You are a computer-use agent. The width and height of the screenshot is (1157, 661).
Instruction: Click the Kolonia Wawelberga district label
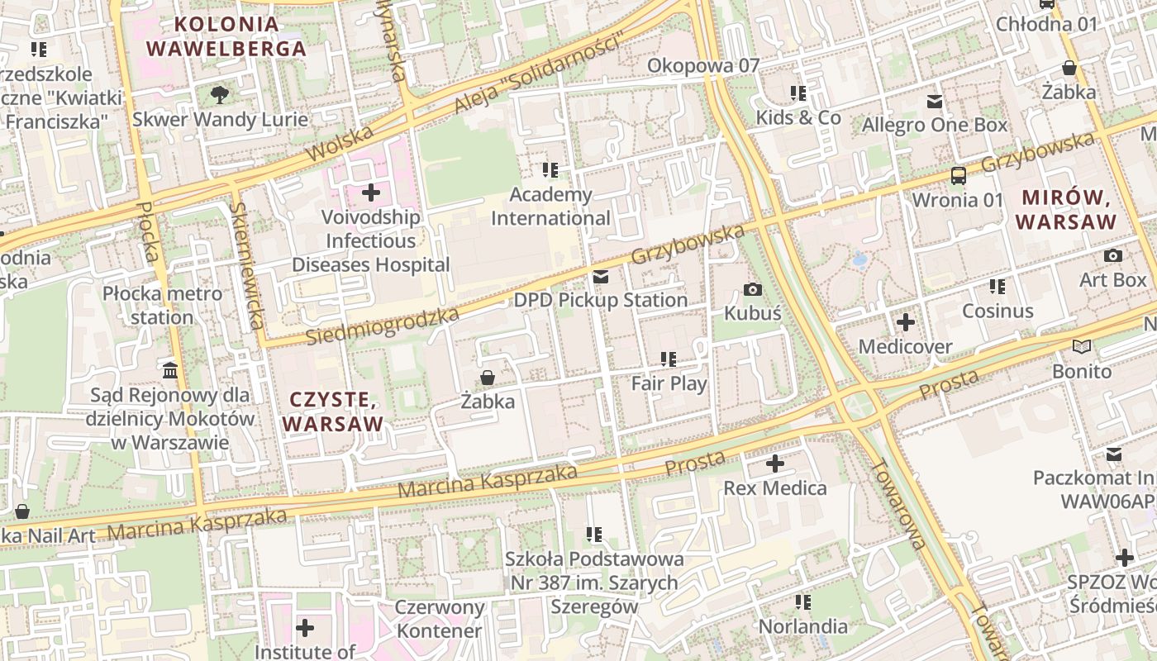pos(226,36)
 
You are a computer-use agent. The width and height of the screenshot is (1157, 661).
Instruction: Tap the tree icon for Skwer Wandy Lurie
pos(220,95)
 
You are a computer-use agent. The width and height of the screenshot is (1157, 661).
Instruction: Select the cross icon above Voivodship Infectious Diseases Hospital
pos(371,193)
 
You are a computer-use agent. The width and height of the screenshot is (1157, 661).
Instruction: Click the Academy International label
pos(550,207)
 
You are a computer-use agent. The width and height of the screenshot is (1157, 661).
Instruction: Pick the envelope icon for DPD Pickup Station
pos(601,276)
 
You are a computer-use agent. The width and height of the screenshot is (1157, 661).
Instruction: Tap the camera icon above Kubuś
pos(752,289)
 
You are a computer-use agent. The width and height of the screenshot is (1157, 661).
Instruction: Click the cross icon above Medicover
pos(906,321)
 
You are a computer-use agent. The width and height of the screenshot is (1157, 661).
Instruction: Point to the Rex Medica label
pos(774,488)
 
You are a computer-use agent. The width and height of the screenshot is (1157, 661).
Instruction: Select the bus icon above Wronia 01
pos(958,175)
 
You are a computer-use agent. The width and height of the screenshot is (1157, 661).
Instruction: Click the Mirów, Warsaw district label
pos(1066,210)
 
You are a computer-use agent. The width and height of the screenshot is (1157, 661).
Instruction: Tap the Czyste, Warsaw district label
pos(333,411)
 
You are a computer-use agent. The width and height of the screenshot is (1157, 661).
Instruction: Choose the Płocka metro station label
pos(162,305)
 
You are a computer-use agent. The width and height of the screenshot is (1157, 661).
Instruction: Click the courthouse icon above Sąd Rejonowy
pos(170,370)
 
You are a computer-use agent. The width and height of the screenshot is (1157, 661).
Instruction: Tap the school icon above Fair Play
pos(669,359)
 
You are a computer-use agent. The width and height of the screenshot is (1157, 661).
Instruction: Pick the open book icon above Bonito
pos(1081,347)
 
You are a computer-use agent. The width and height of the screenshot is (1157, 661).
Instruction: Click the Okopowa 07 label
pos(702,65)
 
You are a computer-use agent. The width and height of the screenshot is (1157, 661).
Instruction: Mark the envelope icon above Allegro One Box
pos(935,102)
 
